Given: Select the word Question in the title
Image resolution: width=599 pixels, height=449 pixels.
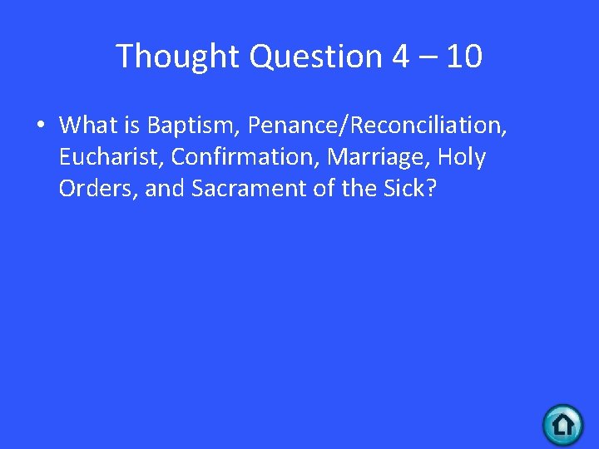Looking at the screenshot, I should [x=315, y=57].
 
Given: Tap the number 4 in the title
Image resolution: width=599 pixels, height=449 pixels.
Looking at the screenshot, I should [x=401, y=57].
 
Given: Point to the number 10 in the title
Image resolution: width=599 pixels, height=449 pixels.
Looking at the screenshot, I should [x=463, y=57].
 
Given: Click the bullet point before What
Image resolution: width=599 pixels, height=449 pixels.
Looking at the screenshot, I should [x=39, y=126].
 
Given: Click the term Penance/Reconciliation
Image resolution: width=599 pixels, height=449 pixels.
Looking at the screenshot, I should [x=378, y=126].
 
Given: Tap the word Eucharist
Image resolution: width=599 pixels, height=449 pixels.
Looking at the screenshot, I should [x=109, y=157].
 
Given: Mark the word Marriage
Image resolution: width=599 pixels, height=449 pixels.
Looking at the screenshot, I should [x=374, y=157].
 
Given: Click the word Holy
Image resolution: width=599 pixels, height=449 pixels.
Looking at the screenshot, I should [x=462, y=157].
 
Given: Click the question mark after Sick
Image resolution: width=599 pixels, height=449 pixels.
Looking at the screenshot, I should [x=430, y=189].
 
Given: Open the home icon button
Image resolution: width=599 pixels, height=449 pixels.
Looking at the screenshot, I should [x=563, y=425].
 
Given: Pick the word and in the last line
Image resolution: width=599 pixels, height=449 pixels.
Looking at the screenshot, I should [x=165, y=189].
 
